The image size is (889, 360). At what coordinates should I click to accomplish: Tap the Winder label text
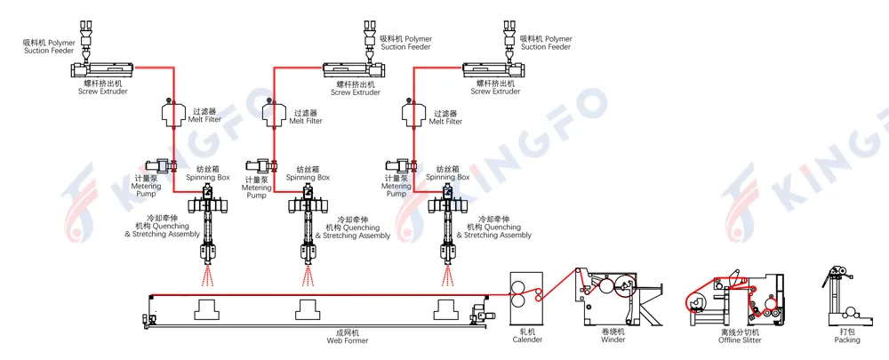point(613,336)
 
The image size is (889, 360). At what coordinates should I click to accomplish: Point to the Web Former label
point(342,336)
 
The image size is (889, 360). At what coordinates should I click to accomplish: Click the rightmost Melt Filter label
point(444,117)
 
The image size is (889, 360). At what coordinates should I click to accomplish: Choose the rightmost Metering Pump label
point(396,186)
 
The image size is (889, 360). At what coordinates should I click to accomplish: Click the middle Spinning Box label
point(307,172)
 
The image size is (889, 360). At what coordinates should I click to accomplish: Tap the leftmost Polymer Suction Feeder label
point(50,44)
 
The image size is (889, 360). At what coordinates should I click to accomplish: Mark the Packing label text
point(846,336)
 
